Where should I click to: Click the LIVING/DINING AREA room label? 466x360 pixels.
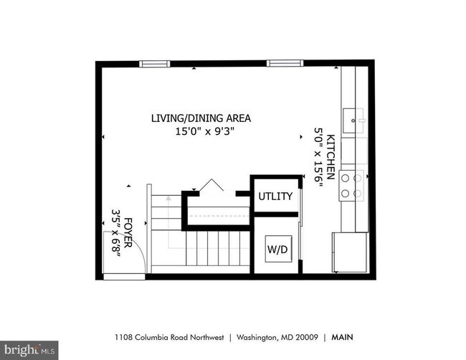click(201, 118)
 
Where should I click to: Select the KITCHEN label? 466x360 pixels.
click(331, 157)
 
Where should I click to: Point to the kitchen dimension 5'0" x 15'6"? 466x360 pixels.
click(318, 157)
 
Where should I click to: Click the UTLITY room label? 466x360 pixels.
click(275, 196)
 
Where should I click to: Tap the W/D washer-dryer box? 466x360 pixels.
click(278, 249)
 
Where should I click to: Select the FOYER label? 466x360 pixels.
click(128, 233)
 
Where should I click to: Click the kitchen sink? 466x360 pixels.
click(353, 120)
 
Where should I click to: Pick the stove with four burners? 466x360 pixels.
click(351, 186)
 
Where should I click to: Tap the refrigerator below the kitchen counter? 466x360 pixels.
click(351, 252)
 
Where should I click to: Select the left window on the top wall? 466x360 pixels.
click(155, 64)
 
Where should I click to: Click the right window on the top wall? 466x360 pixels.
click(285, 63)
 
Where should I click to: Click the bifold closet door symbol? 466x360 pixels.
click(211, 185)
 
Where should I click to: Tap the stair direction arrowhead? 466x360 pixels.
click(168, 198)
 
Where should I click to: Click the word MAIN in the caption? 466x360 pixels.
click(343, 337)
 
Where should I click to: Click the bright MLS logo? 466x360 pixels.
click(29, 350)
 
